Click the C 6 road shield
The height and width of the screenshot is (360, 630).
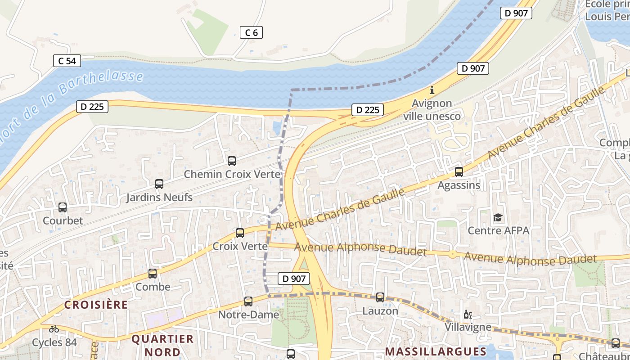(251, 32)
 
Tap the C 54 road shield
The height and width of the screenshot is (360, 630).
(67, 61)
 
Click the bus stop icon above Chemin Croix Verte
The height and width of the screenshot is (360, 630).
(232, 161)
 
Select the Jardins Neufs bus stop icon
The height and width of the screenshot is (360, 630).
(159, 184)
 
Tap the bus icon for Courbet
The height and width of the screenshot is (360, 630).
(63, 207)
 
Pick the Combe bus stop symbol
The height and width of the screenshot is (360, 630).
(153, 274)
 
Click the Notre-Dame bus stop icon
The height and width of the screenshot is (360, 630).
(248, 301)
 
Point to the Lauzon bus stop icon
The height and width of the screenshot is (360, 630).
(380, 297)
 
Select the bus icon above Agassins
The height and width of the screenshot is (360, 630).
(459, 172)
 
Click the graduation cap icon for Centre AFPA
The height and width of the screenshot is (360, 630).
(498, 218)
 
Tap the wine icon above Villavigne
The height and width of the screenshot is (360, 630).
(468, 314)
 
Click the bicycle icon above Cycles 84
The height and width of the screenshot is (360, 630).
(54, 329)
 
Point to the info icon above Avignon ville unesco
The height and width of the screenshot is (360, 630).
(432, 90)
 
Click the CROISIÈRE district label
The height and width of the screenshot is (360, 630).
(96, 305)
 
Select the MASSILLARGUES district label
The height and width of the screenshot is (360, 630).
(436, 351)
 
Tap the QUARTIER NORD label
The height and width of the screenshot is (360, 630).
(162, 345)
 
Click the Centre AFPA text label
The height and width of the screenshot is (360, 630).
(498, 231)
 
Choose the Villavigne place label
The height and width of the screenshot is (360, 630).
(468, 327)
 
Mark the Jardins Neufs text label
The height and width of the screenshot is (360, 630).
(159, 197)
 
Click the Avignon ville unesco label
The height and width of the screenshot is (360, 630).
(432, 110)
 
